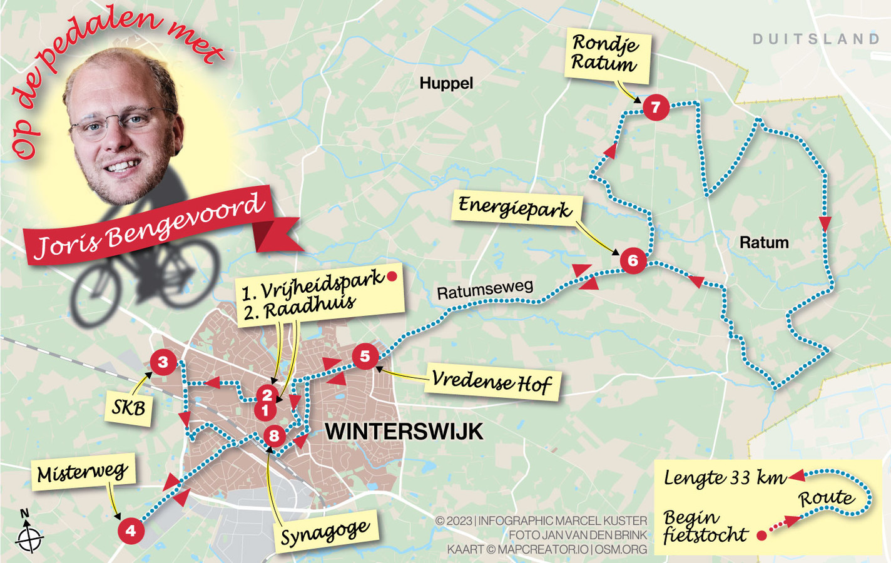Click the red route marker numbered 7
656,108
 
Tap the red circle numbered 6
633,260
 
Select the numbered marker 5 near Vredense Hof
365,357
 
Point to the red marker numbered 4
131,531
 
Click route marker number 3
163,362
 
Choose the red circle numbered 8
274,436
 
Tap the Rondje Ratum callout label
606,54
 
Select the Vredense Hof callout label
492,381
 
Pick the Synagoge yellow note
325,534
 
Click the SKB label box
129,408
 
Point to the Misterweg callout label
83,473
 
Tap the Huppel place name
446,83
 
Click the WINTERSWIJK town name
404,432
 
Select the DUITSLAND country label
816,39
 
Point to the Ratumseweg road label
485,290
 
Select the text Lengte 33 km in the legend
725,479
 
